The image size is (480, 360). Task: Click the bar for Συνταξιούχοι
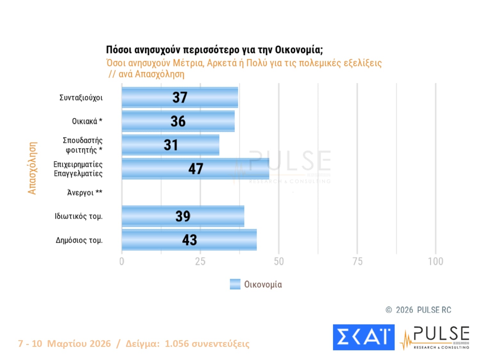coord(180,97)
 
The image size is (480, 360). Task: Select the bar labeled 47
coord(196,169)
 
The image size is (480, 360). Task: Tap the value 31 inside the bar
coord(171,145)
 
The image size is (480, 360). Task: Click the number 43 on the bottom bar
coord(189,240)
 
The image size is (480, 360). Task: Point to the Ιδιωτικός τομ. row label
coord(78,216)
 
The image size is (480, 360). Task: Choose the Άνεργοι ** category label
coord(84,193)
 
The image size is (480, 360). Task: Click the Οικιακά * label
coord(87,121)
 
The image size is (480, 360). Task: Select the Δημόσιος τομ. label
coord(79,240)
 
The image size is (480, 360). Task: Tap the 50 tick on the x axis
coord(279,261)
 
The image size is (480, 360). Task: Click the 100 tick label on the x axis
coord(436,261)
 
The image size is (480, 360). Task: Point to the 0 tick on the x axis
coord(122,261)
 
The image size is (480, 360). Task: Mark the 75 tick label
coord(357,261)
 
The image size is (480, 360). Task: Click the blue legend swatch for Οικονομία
coord(235,284)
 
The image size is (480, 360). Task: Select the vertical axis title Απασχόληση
coord(32,168)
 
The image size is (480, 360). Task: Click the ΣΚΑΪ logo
coord(364,337)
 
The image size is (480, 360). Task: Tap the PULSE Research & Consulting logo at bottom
coord(435,338)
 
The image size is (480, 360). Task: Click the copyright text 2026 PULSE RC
coord(423,310)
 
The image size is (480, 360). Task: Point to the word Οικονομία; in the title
coord(299,50)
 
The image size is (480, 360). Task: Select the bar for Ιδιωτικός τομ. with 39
coord(183,216)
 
